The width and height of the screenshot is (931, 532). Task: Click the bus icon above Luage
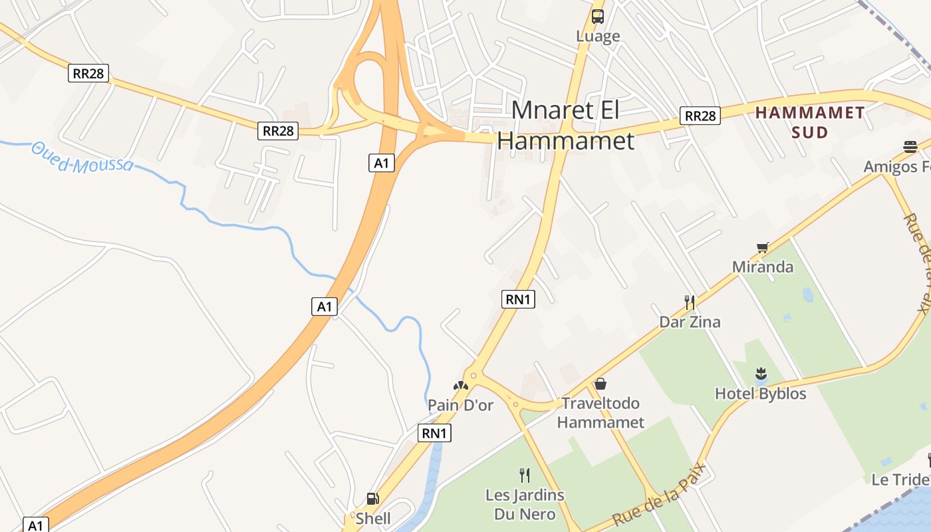(x=598, y=17)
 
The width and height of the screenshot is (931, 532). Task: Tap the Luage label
(x=598, y=37)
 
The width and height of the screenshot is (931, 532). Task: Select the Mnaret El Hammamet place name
(x=565, y=125)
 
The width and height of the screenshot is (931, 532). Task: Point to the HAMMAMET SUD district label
(x=810, y=122)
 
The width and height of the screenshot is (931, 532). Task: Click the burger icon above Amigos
(x=910, y=147)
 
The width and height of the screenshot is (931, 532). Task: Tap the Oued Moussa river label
(x=82, y=158)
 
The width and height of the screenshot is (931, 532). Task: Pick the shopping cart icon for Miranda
(x=763, y=248)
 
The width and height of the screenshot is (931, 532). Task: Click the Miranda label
(x=763, y=267)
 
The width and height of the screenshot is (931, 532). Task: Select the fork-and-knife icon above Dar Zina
(x=690, y=303)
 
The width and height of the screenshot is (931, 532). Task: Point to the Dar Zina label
(x=690, y=322)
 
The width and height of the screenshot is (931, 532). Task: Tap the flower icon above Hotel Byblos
(x=761, y=374)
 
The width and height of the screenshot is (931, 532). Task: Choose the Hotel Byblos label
(x=760, y=394)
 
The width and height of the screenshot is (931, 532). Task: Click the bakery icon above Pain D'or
(x=461, y=385)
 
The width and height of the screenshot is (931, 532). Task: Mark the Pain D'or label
(x=460, y=404)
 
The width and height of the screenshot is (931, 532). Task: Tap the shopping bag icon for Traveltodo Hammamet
(x=600, y=384)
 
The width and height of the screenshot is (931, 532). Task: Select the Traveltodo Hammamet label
(x=600, y=412)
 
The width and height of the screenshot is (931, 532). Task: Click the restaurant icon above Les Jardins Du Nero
(x=525, y=475)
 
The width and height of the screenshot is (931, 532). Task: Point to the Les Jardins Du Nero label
(x=525, y=504)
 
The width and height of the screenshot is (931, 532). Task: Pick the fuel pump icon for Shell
(x=373, y=499)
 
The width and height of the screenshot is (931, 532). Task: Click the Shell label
(x=373, y=518)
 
